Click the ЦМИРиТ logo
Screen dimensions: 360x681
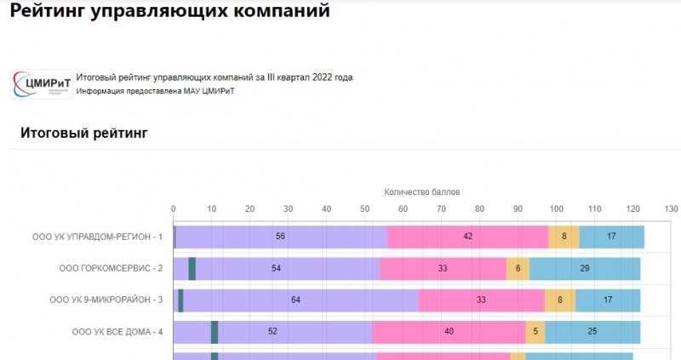[x=42, y=83]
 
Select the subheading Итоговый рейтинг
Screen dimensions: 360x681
[x=84, y=133]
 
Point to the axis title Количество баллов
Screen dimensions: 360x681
[x=422, y=192]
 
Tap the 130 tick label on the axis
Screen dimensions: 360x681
[x=671, y=209]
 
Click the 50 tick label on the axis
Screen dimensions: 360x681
[x=365, y=209]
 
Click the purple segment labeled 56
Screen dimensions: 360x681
[x=281, y=236]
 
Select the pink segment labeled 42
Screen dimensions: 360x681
[x=468, y=236]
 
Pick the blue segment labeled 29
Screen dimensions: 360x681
[x=585, y=268]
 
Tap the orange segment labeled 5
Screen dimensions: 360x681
[x=535, y=332]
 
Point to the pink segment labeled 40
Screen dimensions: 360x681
[x=449, y=332]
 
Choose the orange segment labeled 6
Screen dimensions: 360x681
[x=518, y=268]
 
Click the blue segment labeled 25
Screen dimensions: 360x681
[x=592, y=332]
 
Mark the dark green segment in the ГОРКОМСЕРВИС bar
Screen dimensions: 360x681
[x=192, y=268]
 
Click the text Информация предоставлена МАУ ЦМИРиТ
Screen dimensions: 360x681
[x=155, y=91]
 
